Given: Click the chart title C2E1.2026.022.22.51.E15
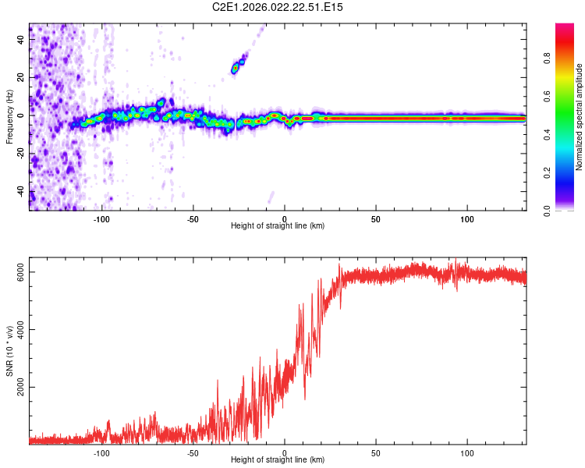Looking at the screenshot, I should click(278, 7).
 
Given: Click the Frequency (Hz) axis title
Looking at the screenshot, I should click(9, 117).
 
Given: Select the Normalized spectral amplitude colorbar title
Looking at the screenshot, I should click(580, 117).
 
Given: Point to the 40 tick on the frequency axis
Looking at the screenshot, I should click(21, 38).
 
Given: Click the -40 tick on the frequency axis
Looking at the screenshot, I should click(21, 193).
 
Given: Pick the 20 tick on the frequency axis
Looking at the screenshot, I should click(21, 76).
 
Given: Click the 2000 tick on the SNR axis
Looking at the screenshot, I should click(21, 387).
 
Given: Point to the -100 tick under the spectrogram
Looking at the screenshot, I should click(101, 218).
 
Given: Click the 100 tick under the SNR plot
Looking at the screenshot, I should click(467, 452).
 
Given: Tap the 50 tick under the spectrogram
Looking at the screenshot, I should click(376, 218).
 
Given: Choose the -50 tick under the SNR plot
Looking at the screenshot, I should click(193, 452).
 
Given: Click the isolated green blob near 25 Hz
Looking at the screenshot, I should click(235, 69).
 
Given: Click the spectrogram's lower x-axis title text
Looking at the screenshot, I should click(278, 226).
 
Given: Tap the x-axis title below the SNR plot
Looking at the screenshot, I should click(278, 460).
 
